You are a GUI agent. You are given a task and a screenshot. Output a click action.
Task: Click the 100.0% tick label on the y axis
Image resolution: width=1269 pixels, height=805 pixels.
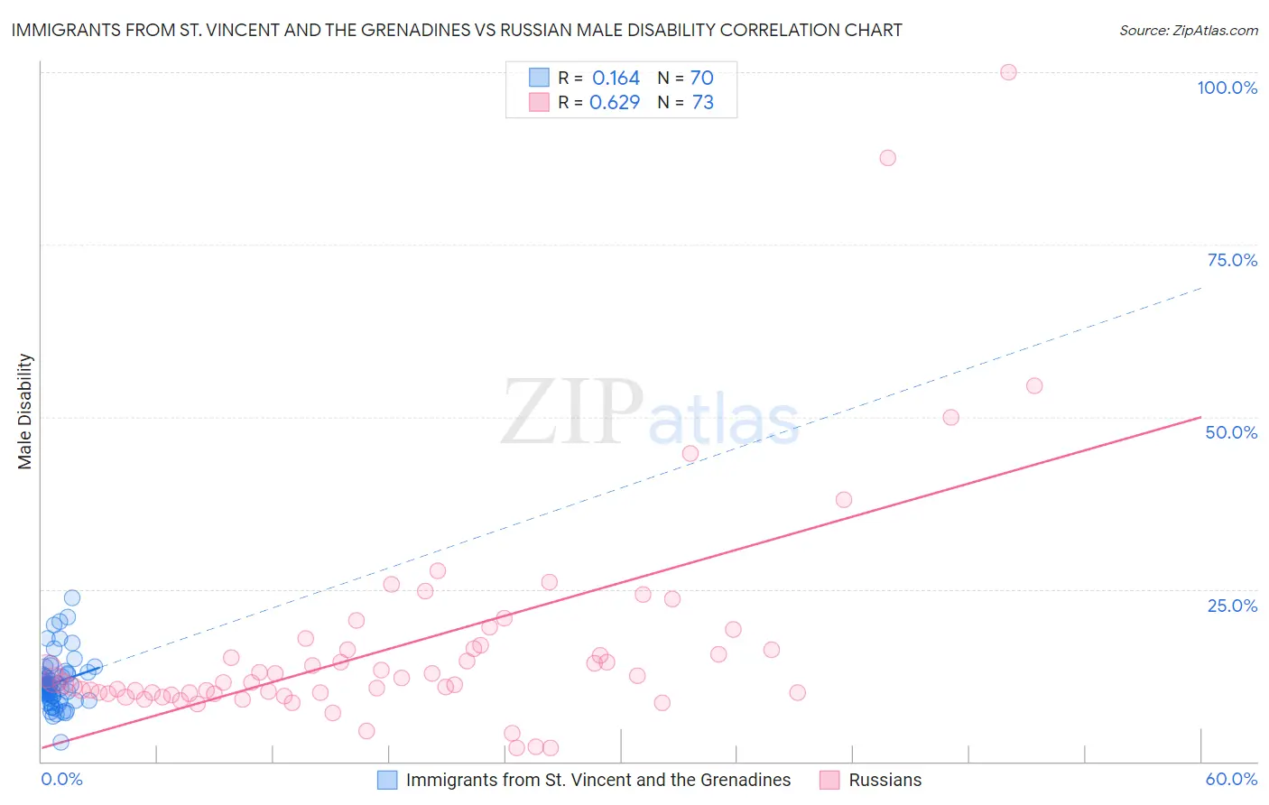[1227, 88]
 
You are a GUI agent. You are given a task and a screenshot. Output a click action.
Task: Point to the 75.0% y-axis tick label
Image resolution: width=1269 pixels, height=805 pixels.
[1232, 260]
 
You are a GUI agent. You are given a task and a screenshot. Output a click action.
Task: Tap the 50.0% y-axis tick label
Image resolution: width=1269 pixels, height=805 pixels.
[1231, 432]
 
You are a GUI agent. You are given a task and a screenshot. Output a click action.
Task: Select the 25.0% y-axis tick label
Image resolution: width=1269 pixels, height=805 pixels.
[1232, 606]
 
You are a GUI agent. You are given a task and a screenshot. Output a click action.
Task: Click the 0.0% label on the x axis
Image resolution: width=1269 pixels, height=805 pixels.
[61, 779]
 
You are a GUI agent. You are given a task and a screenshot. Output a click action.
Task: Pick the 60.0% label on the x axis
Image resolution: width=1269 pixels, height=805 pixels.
[1231, 779]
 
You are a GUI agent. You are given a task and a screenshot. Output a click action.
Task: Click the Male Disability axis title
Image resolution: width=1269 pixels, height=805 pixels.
[24, 412]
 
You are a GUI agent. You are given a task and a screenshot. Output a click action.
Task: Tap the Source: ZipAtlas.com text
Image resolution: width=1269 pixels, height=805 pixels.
[1188, 31]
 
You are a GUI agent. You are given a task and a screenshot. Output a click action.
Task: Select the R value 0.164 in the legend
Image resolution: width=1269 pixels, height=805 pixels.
[616, 79]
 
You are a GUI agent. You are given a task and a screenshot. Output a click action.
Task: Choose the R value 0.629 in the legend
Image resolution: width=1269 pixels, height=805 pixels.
[614, 103]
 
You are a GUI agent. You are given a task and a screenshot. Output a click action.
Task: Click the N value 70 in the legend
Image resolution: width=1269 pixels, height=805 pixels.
[701, 79]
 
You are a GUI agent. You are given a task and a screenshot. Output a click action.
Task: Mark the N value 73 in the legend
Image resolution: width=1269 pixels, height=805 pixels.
[702, 103]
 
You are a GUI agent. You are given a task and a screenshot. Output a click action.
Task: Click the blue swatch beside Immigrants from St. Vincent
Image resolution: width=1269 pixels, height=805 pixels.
[387, 780]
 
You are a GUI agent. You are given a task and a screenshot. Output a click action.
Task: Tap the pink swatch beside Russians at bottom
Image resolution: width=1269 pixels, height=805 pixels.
[829, 780]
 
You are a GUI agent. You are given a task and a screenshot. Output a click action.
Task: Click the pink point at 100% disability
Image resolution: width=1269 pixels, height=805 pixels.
[1008, 72]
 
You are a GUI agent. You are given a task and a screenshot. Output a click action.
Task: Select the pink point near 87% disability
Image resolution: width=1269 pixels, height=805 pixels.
[887, 158]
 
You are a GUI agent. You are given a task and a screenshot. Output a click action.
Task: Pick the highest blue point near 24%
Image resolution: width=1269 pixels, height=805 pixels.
[72, 597]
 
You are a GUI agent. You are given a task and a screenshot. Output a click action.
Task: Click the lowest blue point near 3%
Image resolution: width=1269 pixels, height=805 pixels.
[60, 742]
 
